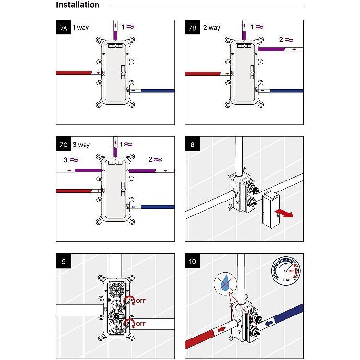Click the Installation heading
(77, 5)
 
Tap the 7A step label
(63, 28)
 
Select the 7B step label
(192, 28)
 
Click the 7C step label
(63, 145)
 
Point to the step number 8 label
(192, 145)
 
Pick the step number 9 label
(63, 261)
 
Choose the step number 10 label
(192, 261)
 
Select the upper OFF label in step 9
(141, 301)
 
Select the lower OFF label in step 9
(141, 324)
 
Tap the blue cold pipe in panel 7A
(158, 90)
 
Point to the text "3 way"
(81, 145)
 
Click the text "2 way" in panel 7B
(211, 28)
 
